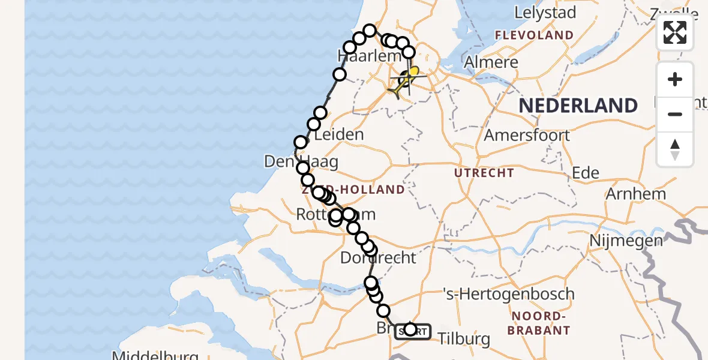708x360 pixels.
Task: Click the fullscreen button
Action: [675, 32]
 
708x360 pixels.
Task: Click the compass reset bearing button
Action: [675, 149]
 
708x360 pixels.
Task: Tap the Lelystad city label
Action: [545, 13]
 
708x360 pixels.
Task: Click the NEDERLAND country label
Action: [578, 106]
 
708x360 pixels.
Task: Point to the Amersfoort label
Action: [527, 135]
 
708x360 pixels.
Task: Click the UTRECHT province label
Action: [484, 173]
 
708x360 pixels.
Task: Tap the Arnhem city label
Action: [636, 194]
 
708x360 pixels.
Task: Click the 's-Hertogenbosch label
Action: [508, 294]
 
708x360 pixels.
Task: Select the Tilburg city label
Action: [464, 339]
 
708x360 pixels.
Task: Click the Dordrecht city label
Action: [378, 258]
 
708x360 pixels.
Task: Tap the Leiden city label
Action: [339, 134]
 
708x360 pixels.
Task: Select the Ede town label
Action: [586, 173]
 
